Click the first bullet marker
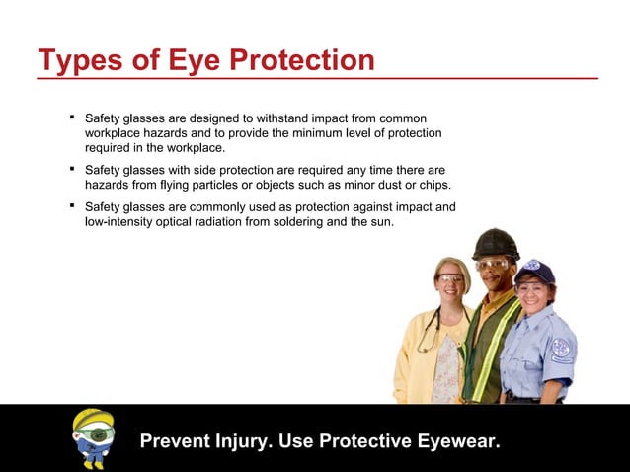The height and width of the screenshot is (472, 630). (x=73, y=118)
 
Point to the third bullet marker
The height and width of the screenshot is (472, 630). (x=73, y=206)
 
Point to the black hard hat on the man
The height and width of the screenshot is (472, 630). (x=496, y=243)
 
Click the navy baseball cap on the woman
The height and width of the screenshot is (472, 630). (x=536, y=270)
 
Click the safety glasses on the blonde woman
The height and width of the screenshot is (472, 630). (x=450, y=277)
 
